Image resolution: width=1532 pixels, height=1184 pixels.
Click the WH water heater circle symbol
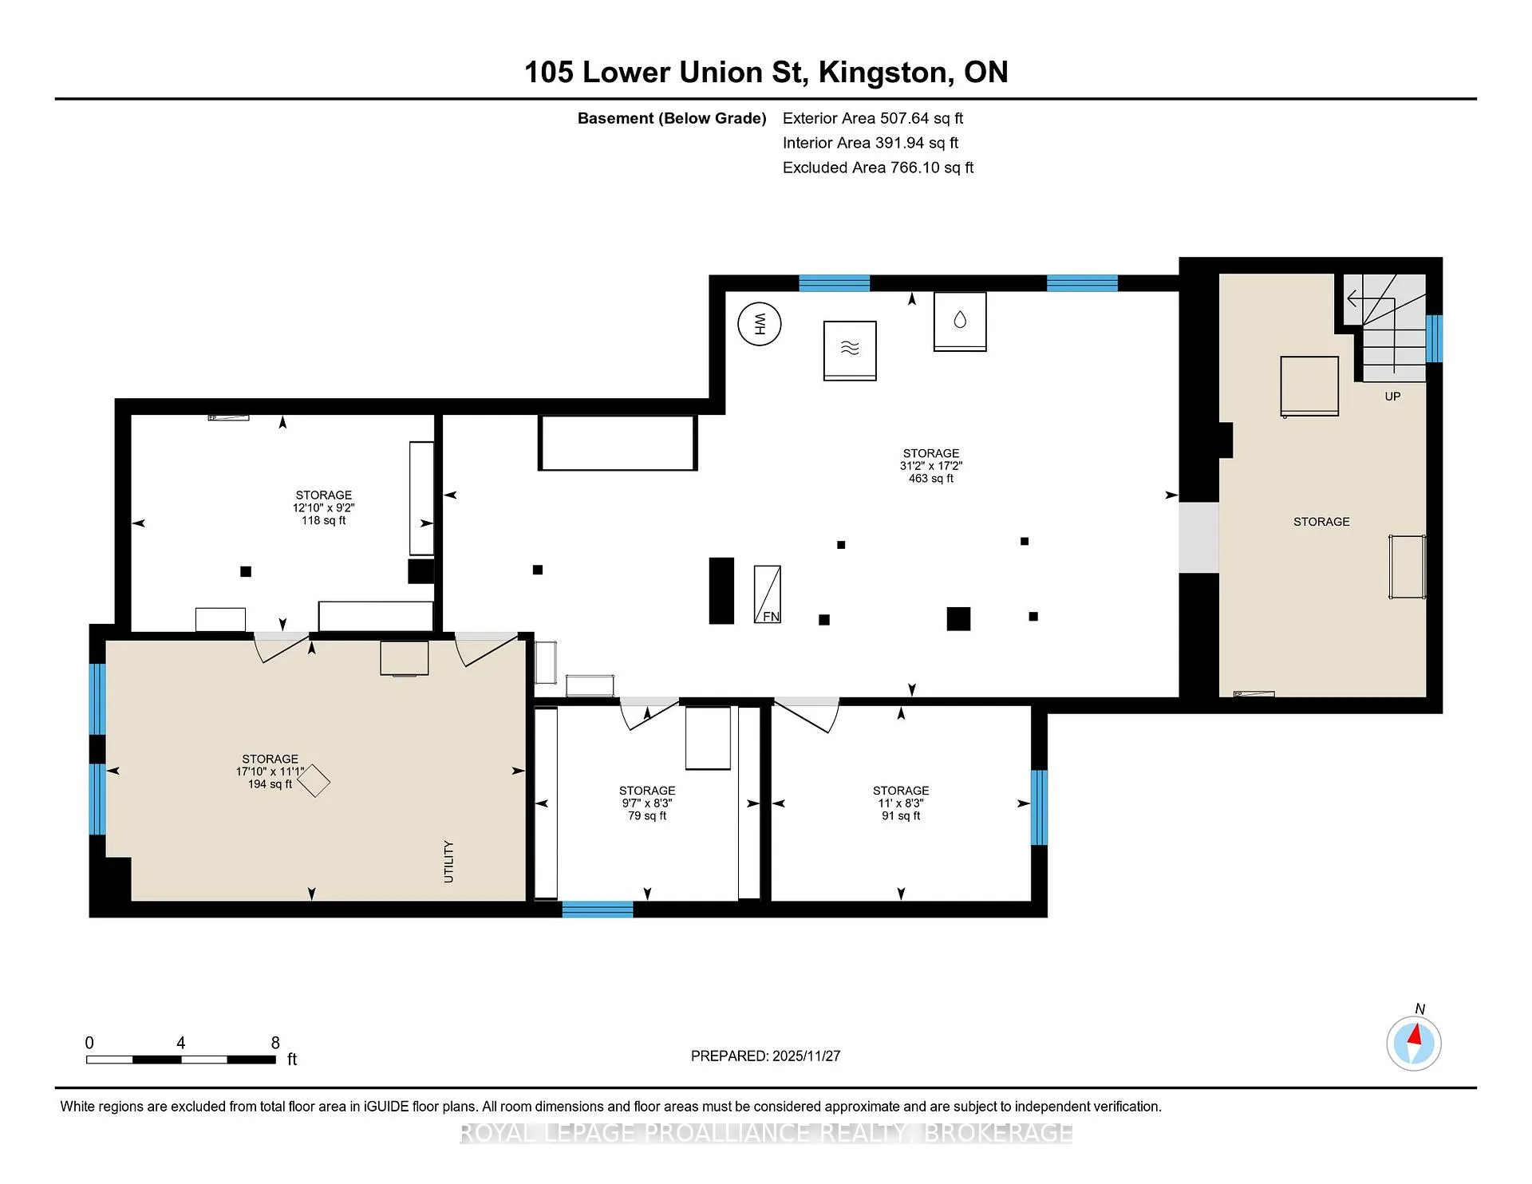tap(759, 324)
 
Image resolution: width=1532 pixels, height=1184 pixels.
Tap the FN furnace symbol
tap(768, 594)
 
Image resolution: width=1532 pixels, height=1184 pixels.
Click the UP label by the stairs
tap(1392, 397)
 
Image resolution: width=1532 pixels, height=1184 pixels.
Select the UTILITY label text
tap(448, 862)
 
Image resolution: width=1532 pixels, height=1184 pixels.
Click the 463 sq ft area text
tap(931, 479)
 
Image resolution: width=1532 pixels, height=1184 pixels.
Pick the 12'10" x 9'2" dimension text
tap(323, 507)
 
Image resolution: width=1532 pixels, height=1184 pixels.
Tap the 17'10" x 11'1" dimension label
tap(270, 772)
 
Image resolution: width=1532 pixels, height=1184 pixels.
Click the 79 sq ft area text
tap(647, 815)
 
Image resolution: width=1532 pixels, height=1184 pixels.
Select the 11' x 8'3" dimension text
tap(901, 803)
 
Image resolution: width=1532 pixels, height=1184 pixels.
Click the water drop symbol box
tap(960, 322)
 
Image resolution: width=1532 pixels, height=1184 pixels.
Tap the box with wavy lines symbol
tap(850, 351)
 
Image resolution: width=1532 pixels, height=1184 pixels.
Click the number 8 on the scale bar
tap(275, 1043)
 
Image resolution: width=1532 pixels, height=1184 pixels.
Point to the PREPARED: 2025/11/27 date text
tap(765, 1056)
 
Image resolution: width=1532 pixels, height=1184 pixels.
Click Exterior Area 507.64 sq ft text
tap(873, 118)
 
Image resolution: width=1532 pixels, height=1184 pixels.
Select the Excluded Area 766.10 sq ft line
tap(878, 168)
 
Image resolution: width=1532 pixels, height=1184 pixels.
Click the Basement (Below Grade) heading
tap(672, 118)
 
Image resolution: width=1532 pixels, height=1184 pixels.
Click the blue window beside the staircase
tap(1434, 338)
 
